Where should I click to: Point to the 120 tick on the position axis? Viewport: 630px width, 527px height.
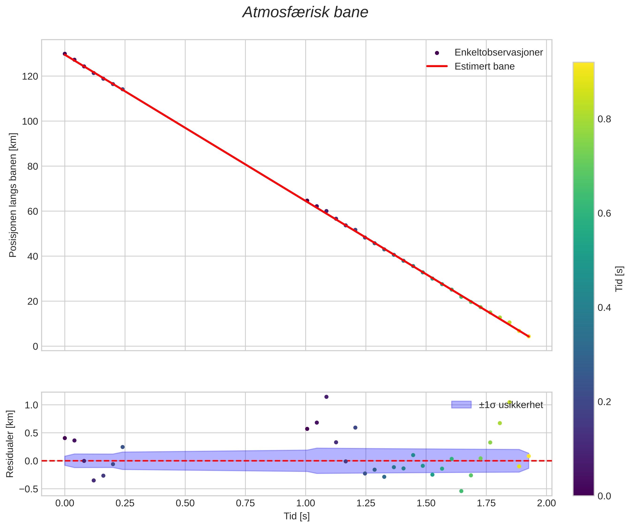click(x=30, y=76)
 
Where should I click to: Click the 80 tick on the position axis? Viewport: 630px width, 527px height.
click(x=33, y=166)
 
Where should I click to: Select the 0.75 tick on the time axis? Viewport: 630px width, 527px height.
click(x=245, y=503)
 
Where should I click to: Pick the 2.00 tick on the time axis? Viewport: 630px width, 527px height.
click(x=546, y=503)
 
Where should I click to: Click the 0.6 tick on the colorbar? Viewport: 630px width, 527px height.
click(x=604, y=214)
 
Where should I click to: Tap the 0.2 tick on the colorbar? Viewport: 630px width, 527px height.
click(x=604, y=402)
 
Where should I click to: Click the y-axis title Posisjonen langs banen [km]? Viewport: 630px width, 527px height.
click(x=13, y=195)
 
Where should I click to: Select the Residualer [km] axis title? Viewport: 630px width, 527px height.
click(x=10, y=444)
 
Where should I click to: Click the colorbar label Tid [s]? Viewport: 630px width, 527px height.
click(x=619, y=279)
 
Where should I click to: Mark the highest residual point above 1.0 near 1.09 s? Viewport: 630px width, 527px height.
click(x=326, y=397)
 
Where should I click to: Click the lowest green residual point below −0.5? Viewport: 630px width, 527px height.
click(x=461, y=491)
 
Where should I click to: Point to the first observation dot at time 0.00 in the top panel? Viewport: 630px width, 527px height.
click(x=65, y=54)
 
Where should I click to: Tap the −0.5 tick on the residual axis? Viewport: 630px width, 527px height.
click(x=28, y=489)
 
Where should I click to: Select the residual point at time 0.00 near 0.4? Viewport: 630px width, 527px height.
click(x=65, y=438)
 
